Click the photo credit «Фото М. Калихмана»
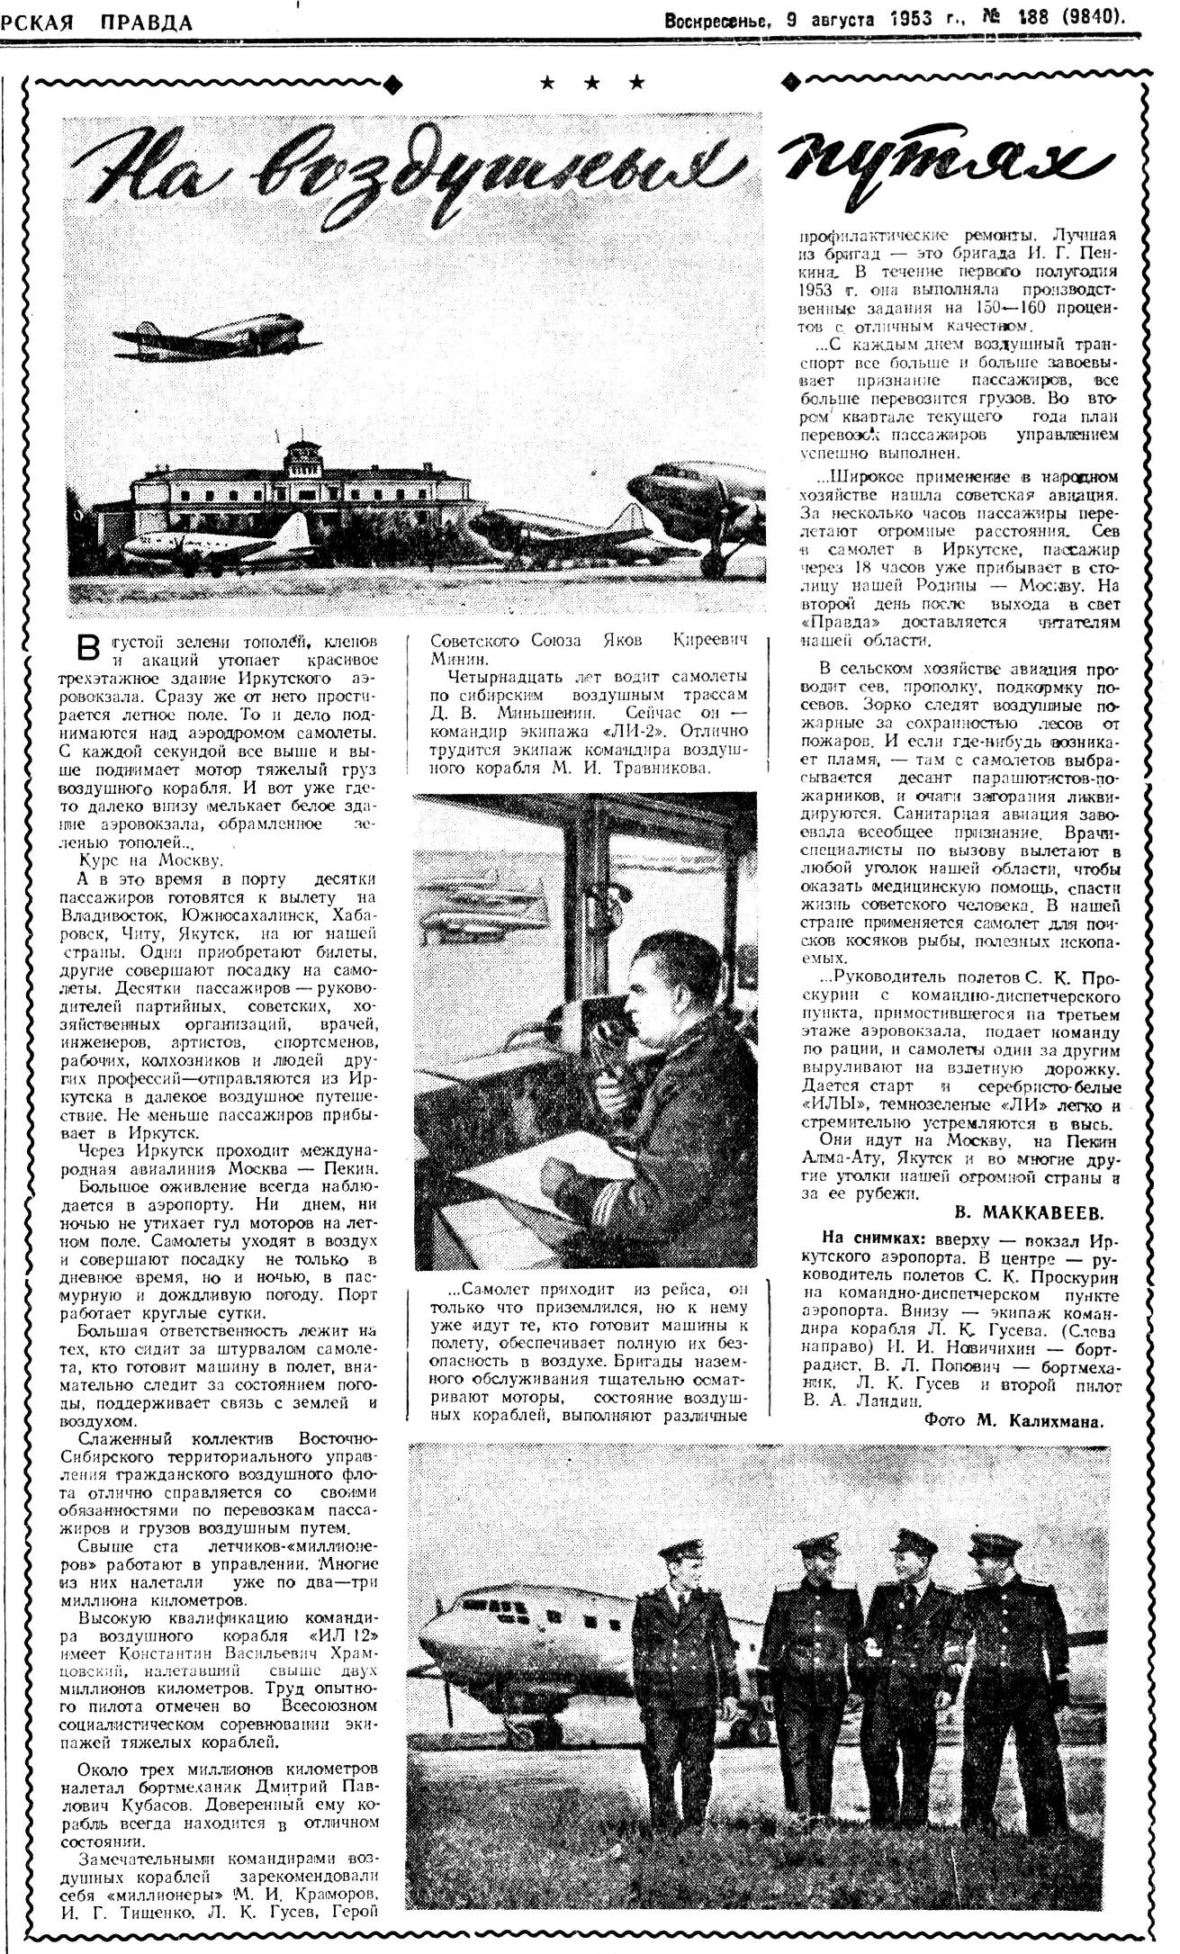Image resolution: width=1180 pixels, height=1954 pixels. tap(1013, 1419)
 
